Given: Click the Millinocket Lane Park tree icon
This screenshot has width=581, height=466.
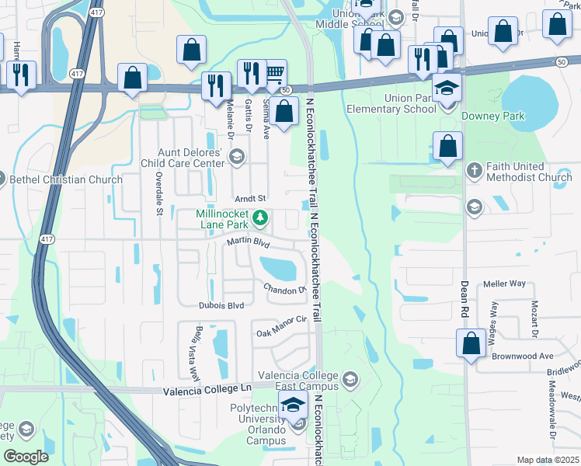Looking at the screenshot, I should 262,217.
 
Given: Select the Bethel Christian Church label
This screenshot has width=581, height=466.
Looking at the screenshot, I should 66,179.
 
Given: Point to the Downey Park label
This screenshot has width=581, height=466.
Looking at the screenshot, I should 493,116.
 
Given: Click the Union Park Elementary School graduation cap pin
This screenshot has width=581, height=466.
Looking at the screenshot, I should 447,89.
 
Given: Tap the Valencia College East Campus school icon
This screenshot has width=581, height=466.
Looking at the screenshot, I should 350,379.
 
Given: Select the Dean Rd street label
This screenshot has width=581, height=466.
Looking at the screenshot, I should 464,297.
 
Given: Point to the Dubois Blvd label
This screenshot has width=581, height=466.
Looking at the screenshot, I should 221,305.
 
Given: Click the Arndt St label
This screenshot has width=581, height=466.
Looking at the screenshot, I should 250,199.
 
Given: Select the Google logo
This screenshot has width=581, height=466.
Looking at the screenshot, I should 26,457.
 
